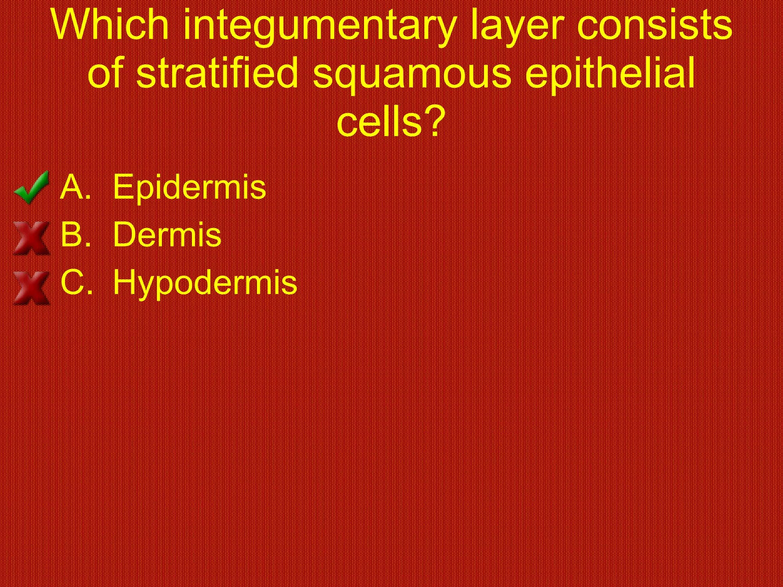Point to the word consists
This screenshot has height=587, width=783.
(x=654, y=25)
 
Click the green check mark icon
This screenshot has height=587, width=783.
(x=32, y=187)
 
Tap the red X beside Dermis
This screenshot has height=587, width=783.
(x=31, y=238)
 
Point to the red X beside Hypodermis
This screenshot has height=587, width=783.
(x=31, y=287)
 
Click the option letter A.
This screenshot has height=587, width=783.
(x=73, y=187)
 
